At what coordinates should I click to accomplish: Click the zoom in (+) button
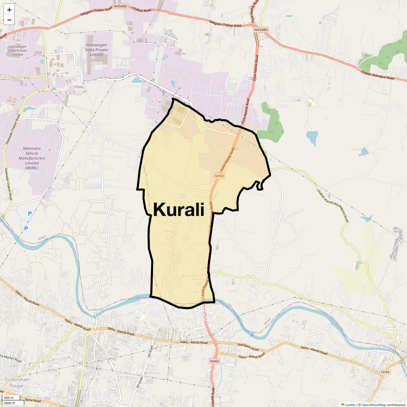coord(9,10)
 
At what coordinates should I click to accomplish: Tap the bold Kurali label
coord(179,209)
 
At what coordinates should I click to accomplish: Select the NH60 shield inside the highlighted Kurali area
coord(219,176)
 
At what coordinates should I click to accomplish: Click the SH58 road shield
coord(385,372)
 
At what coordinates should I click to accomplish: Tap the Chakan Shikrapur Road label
coord(377,75)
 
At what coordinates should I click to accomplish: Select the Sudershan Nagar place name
coord(17,383)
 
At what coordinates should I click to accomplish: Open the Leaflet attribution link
coord(350,405)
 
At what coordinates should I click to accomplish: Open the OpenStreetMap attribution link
coord(373,405)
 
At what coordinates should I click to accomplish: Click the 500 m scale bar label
coord(9,398)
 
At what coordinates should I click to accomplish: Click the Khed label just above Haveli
coord(41,238)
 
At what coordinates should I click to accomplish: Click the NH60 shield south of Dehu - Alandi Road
coord(215,361)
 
